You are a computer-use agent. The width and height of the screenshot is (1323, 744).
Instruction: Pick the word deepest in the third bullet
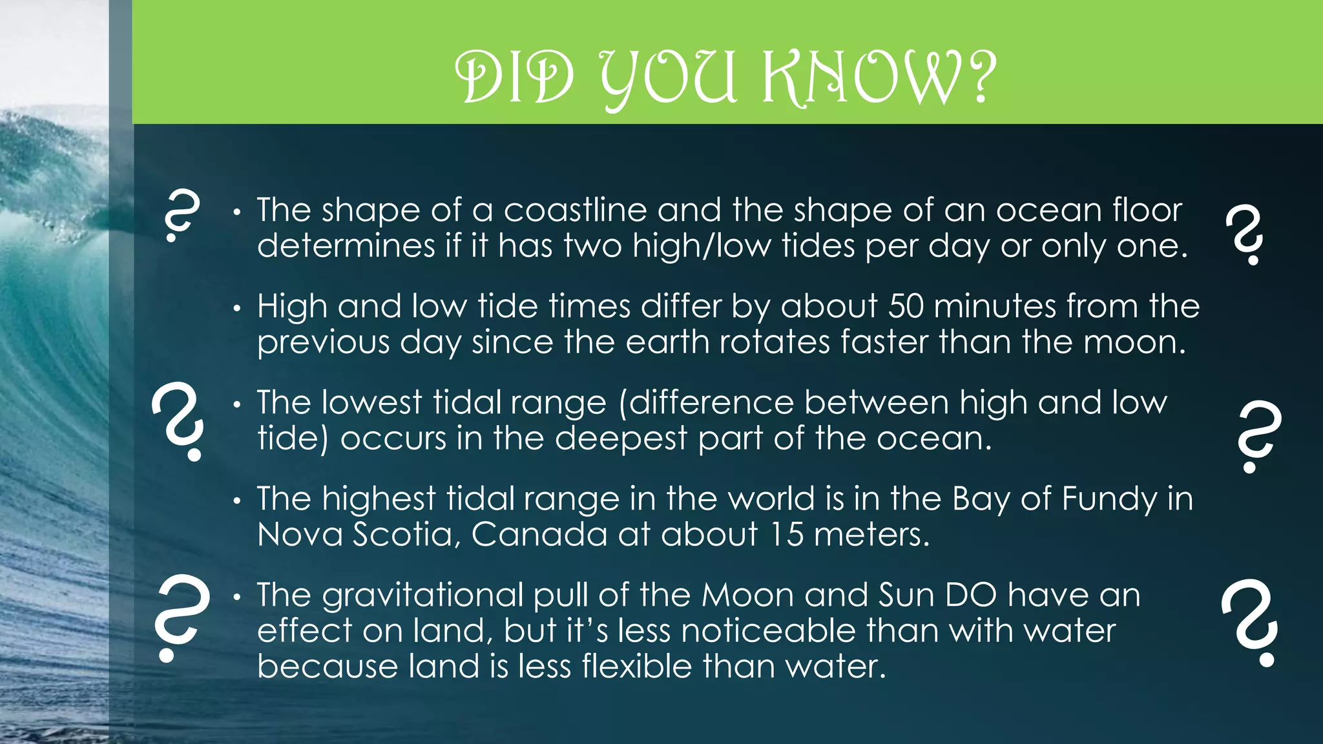tap(621, 439)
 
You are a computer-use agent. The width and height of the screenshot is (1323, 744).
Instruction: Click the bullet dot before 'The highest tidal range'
tap(237, 501)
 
